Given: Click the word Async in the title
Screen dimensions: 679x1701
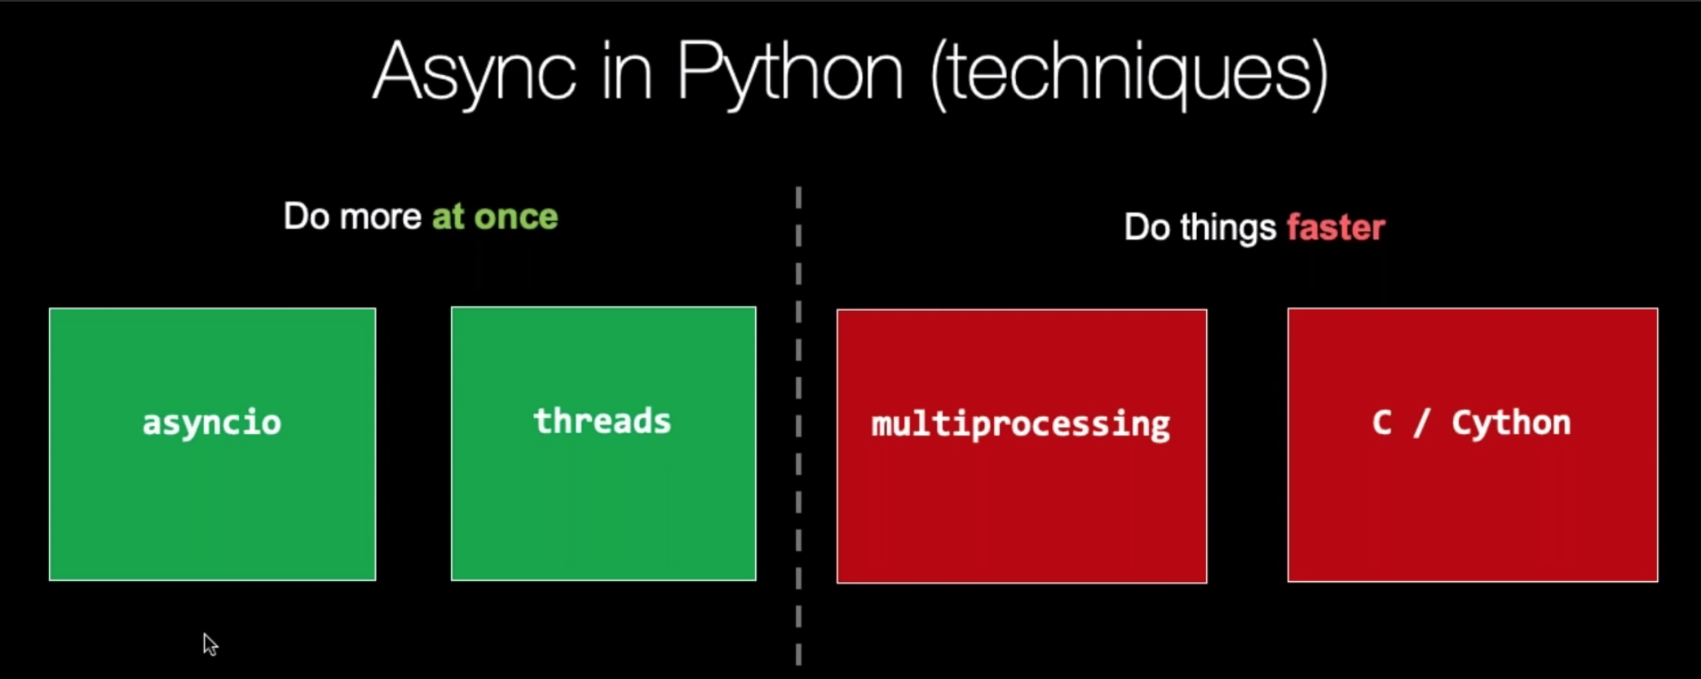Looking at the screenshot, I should coord(474,73).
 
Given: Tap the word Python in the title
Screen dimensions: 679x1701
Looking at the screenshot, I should coord(789,73).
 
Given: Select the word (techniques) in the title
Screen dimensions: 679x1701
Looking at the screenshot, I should coord(1129,73).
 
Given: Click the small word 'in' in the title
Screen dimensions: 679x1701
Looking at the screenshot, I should coord(626,73).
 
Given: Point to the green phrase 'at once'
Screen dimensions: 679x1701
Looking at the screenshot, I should coord(495,217).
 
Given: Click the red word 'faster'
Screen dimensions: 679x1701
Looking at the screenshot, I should coord(1336,228).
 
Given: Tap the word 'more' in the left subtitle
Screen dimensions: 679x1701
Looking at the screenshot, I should coord(380,217).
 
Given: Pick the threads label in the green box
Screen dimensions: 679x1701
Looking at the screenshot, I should coord(603,421).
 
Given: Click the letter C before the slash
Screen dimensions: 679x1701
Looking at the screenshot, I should coord(1382,423).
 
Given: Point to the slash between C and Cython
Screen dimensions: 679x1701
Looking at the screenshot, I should coord(1421,423).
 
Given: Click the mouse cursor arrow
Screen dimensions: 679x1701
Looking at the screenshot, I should coord(210,644).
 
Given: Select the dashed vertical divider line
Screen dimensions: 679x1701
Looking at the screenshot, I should coord(798,424).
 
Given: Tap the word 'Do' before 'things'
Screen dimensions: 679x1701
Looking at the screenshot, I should coord(1147,228).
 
